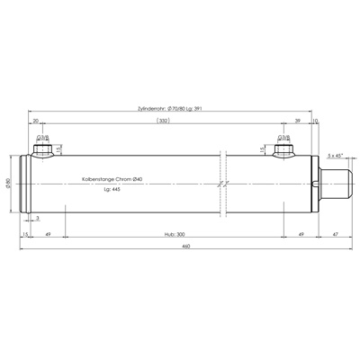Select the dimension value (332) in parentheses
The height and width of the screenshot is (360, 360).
[163, 119]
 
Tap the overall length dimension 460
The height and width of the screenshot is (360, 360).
[184, 245]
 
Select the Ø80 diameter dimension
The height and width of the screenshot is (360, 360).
[8, 184]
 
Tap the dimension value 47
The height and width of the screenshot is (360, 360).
[335, 232]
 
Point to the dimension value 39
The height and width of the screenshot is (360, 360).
[298, 119]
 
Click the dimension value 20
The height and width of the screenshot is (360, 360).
[35, 119]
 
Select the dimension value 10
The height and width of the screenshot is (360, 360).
[315, 119]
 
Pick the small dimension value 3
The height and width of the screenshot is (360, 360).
[37, 219]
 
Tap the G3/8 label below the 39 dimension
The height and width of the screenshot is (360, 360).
[283, 138]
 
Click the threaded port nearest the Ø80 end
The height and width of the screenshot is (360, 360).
[41, 149]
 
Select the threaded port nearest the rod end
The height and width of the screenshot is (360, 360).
[283, 149]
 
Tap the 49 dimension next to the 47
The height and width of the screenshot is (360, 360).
[300, 232]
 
